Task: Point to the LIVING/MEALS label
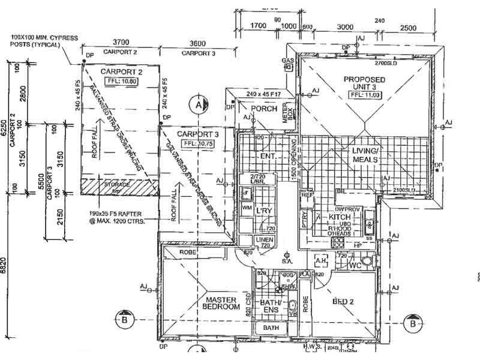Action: (364, 155)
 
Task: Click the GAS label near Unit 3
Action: (288, 61)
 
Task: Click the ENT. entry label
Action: (268, 157)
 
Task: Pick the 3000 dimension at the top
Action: (344, 27)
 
